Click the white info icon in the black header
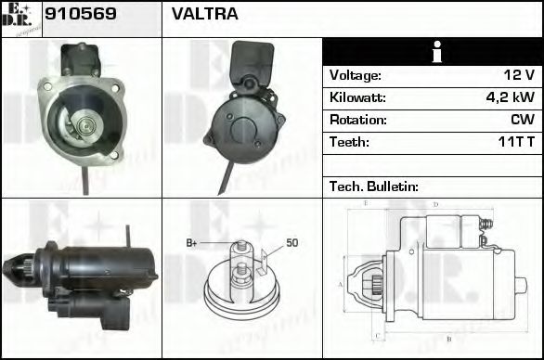click(432, 52)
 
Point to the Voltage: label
click(356, 75)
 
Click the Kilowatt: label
click(357, 97)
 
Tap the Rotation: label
click(357, 120)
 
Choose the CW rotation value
click(522, 120)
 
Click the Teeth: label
click(349, 142)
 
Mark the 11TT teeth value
click(515, 142)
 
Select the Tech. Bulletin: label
click(374, 186)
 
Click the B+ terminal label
click(192, 243)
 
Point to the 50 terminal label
click(291, 243)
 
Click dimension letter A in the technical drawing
click(341, 284)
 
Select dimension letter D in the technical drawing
click(435, 204)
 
